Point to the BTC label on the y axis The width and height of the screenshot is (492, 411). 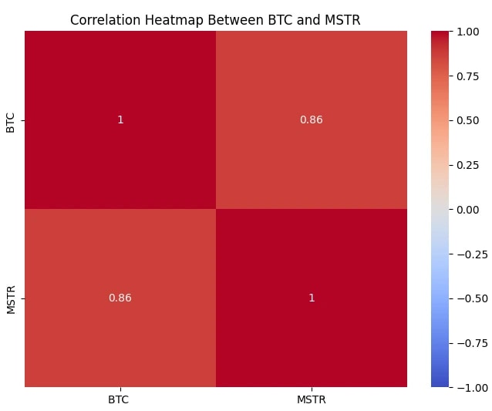tap(11, 120)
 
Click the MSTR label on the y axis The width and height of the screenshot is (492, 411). tap(11, 298)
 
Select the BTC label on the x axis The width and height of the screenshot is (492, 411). tap(120, 399)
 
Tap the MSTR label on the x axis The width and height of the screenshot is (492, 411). tap(312, 399)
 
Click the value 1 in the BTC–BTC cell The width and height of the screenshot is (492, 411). tap(120, 120)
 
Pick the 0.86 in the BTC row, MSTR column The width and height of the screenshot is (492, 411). tap(312, 120)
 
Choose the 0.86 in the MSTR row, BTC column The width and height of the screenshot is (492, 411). tap(120, 298)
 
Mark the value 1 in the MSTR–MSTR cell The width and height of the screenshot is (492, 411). tap(312, 298)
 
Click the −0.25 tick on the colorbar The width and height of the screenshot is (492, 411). tap(470, 254)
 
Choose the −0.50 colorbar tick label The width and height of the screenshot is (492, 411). tap(470, 298)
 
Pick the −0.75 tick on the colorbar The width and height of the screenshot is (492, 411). tap(470, 342)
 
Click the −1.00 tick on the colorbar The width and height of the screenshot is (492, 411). tap(470, 386)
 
